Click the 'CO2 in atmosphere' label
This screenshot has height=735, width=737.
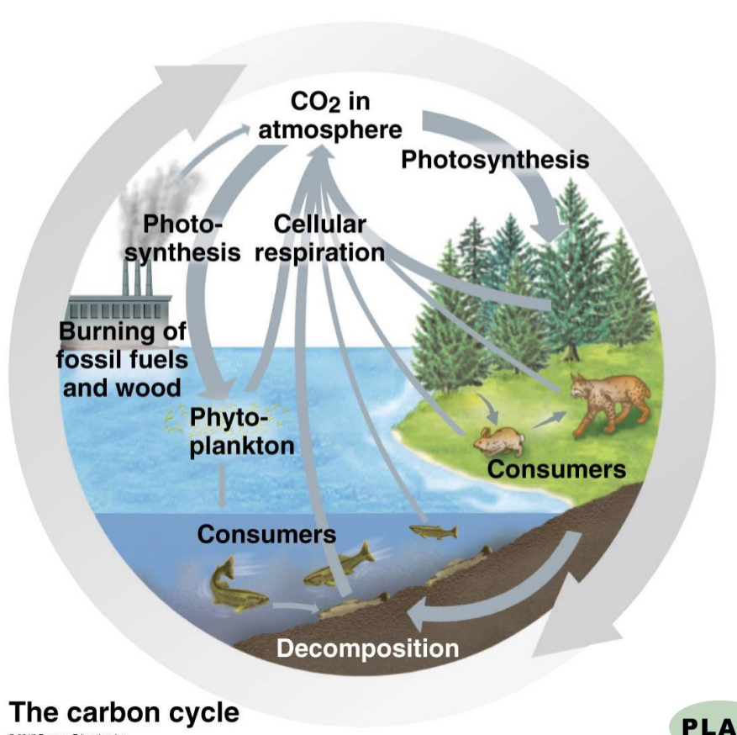(329, 116)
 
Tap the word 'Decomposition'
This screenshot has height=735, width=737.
(367, 648)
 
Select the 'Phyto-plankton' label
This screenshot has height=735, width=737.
(240, 431)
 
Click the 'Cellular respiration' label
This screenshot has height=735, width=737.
(319, 238)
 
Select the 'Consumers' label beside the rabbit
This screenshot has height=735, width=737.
(556, 468)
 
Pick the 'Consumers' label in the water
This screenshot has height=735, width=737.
(266, 533)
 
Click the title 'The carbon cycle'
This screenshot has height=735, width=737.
(124, 712)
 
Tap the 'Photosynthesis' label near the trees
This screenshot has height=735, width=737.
(494, 159)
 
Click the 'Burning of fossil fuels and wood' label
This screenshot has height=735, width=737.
(122, 359)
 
